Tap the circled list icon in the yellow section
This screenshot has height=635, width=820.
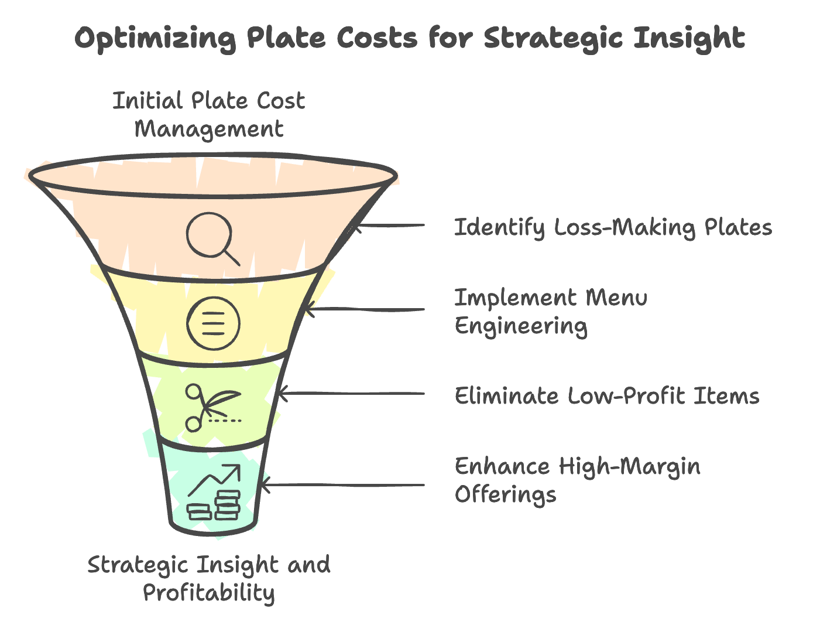(x=213, y=322)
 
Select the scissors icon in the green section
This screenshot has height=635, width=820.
(x=211, y=407)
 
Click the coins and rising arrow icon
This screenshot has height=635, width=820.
(x=214, y=492)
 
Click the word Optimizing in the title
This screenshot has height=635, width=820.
(x=155, y=39)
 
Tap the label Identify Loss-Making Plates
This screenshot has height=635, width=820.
(x=613, y=227)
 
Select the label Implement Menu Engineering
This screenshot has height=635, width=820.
(x=551, y=312)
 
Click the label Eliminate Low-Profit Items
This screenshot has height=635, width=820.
(x=607, y=396)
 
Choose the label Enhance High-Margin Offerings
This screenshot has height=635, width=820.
(x=577, y=480)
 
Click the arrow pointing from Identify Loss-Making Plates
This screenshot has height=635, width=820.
(x=389, y=226)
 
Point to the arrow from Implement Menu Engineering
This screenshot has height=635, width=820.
(x=366, y=309)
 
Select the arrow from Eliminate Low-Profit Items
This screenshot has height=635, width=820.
(x=351, y=394)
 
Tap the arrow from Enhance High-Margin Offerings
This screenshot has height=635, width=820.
(x=342, y=485)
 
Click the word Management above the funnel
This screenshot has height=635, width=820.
(x=209, y=129)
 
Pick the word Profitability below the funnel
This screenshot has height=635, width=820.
(x=209, y=593)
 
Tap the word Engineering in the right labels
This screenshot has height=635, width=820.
(x=521, y=326)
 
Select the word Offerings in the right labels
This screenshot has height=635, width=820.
(x=505, y=495)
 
